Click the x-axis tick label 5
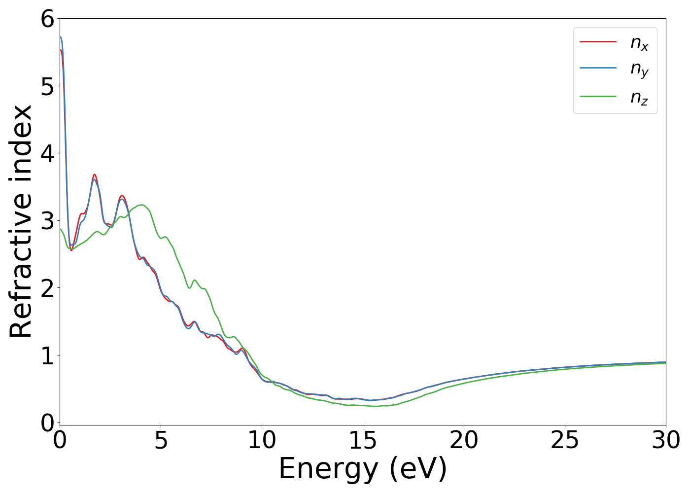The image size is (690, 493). [161, 440]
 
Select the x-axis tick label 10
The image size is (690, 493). [262, 440]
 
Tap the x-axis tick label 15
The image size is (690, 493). [363, 440]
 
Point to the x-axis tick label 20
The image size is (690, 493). [464, 440]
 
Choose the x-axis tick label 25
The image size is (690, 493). [565, 440]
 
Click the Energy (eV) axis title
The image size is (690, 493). [363, 469]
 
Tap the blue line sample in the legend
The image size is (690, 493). [598, 69]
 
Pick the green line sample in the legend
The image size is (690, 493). [598, 96]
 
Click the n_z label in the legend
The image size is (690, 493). [639, 97]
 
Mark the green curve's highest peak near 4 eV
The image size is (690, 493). [141, 205]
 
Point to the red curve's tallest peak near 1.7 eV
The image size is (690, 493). [94, 174]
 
